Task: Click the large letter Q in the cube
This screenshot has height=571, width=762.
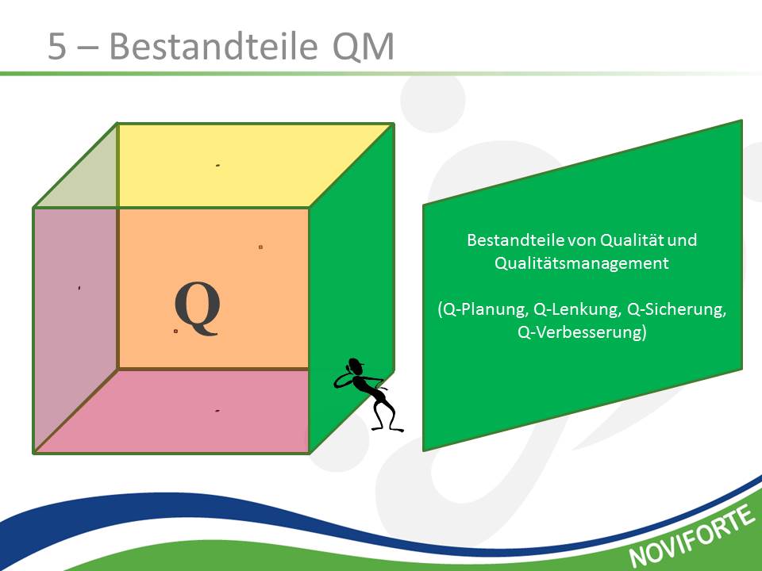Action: (198, 308)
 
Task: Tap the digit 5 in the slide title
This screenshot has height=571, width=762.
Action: (57, 47)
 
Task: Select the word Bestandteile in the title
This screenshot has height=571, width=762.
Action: (214, 46)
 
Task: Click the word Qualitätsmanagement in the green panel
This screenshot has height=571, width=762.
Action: (581, 263)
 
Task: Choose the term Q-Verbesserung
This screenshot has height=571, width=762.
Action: (579, 332)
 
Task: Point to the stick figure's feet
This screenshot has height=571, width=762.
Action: (387, 429)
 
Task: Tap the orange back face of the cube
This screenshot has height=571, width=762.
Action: (214, 289)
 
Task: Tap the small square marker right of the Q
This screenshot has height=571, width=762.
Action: (260, 247)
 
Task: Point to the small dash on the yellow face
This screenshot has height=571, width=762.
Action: (217, 166)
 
